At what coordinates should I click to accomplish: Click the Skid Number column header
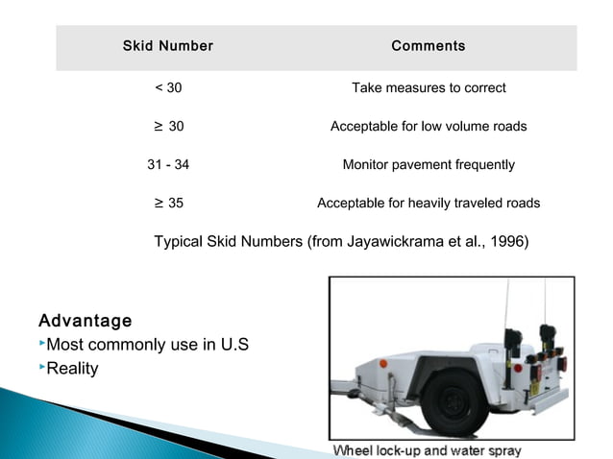point(168,46)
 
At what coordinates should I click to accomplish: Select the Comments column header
point(428,46)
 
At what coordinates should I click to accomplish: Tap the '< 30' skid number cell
point(168,88)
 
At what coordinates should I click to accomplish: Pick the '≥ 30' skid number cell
point(168,127)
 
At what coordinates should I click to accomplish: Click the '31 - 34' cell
point(168,165)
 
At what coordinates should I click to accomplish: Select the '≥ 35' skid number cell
point(168,204)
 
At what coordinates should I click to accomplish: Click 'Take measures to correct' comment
point(429,88)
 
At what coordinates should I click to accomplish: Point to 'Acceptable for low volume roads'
point(429,127)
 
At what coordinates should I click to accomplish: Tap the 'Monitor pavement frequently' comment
point(429,165)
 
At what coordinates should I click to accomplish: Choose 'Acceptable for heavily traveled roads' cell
point(429,204)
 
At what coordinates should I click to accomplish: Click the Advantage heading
point(85,320)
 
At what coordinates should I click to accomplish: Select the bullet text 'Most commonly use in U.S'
point(148,345)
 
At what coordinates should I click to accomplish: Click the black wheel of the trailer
point(455,399)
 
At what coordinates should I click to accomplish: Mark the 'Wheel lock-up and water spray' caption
point(427,451)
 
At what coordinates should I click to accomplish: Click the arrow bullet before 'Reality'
point(42,367)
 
